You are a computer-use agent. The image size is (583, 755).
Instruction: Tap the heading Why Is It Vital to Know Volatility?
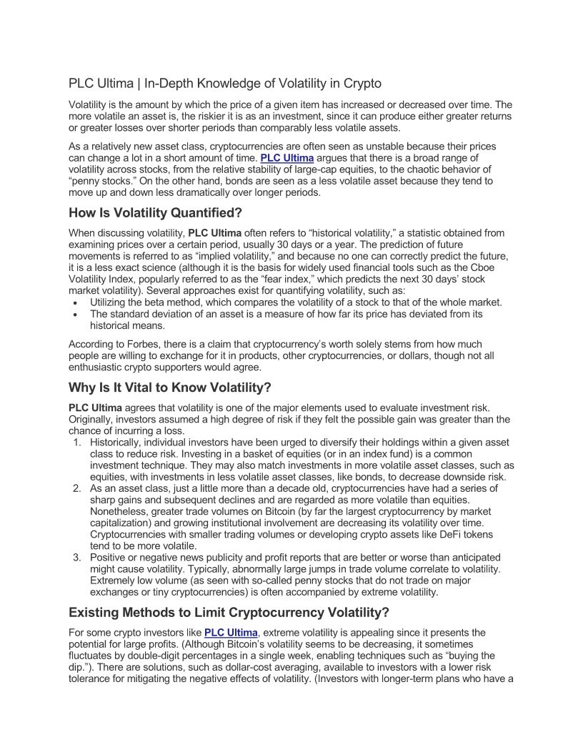coord(170,388)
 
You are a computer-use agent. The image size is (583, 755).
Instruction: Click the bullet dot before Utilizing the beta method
coord(76,302)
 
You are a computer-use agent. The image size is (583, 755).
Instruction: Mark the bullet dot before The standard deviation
coord(76,314)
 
